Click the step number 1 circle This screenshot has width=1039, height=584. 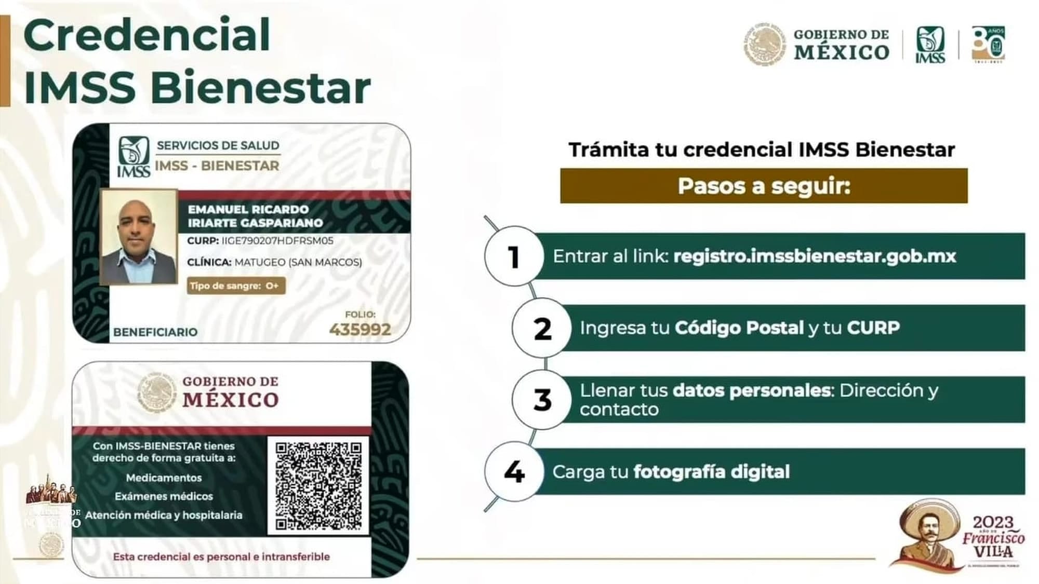(x=514, y=256)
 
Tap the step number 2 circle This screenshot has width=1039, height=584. (x=542, y=328)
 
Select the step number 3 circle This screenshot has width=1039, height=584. (x=542, y=400)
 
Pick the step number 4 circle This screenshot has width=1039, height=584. (x=514, y=471)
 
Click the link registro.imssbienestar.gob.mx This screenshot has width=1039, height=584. (x=814, y=256)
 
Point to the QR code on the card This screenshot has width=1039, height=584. (x=318, y=485)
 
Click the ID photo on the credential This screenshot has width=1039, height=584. (x=139, y=237)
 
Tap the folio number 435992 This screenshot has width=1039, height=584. (x=360, y=329)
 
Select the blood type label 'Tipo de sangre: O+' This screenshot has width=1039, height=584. (x=236, y=286)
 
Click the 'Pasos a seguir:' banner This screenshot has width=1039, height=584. (x=764, y=186)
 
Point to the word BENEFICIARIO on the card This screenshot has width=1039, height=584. (x=155, y=332)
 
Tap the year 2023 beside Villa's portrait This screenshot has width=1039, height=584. (x=993, y=522)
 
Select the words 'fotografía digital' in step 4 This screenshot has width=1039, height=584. (x=711, y=472)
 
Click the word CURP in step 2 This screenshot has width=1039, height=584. (x=873, y=328)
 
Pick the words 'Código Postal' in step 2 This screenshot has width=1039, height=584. (x=739, y=328)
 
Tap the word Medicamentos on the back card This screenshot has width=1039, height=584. (x=164, y=478)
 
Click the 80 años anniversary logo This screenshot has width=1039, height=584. (x=988, y=45)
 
